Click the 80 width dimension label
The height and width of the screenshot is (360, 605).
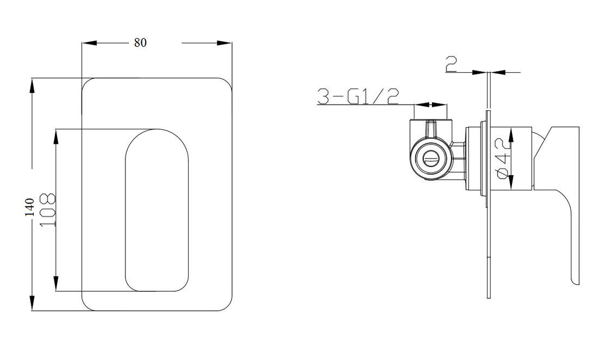(x=140, y=43)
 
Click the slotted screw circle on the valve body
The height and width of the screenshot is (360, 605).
(x=431, y=159)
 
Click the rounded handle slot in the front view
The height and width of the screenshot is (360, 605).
(x=156, y=210)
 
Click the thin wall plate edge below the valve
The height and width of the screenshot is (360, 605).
(x=488, y=252)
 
